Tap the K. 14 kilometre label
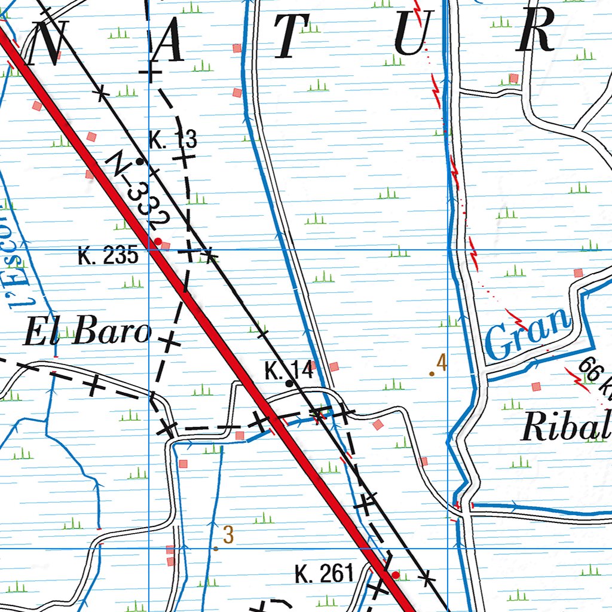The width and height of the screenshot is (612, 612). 289,371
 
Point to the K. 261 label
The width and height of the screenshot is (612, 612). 325,574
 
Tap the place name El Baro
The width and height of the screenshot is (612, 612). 86,332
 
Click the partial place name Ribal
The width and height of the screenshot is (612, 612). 565,428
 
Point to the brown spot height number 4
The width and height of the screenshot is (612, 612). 442,363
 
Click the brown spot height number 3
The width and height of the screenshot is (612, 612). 228,535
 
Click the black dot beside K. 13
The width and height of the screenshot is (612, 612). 140,161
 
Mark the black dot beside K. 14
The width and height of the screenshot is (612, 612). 289,383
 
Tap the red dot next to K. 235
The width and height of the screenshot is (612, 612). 158,241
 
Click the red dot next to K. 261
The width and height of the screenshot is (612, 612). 395,575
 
